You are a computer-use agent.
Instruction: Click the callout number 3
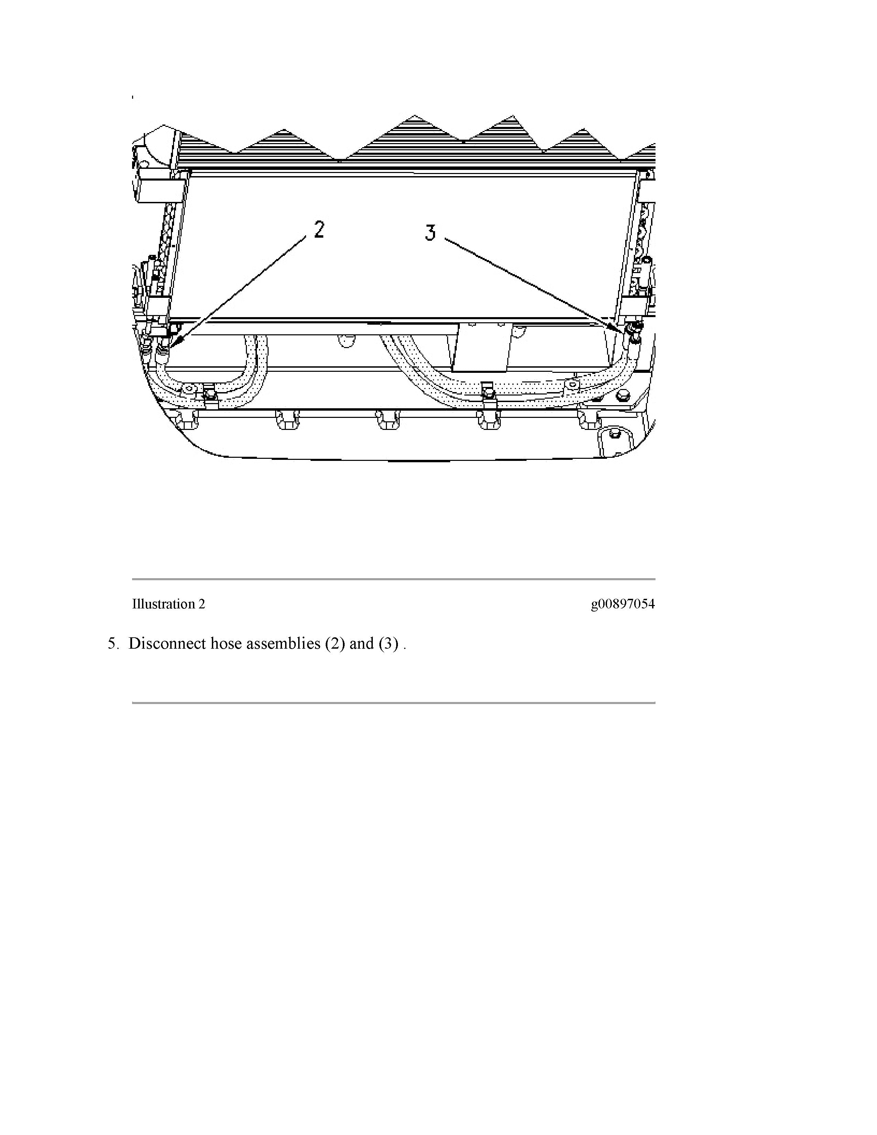pos(430,232)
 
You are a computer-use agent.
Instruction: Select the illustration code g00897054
pos(622,604)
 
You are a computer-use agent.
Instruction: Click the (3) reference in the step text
pos(389,644)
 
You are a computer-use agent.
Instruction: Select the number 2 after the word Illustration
pos(202,604)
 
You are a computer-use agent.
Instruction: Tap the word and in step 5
pos(361,644)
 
